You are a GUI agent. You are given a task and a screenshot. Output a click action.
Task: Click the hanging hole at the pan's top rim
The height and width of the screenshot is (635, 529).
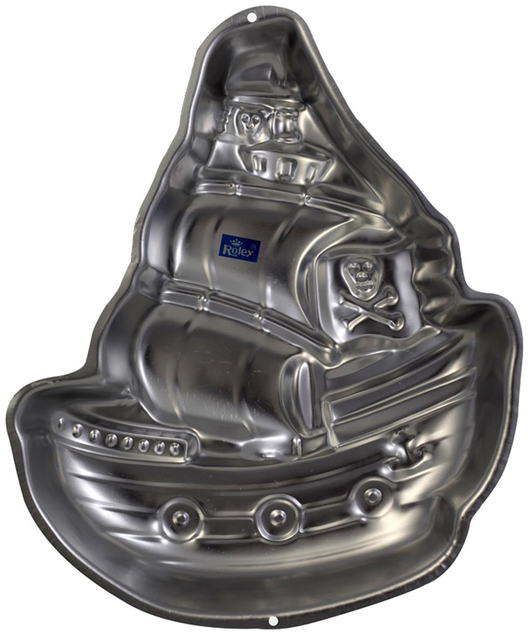[x=253, y=17]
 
